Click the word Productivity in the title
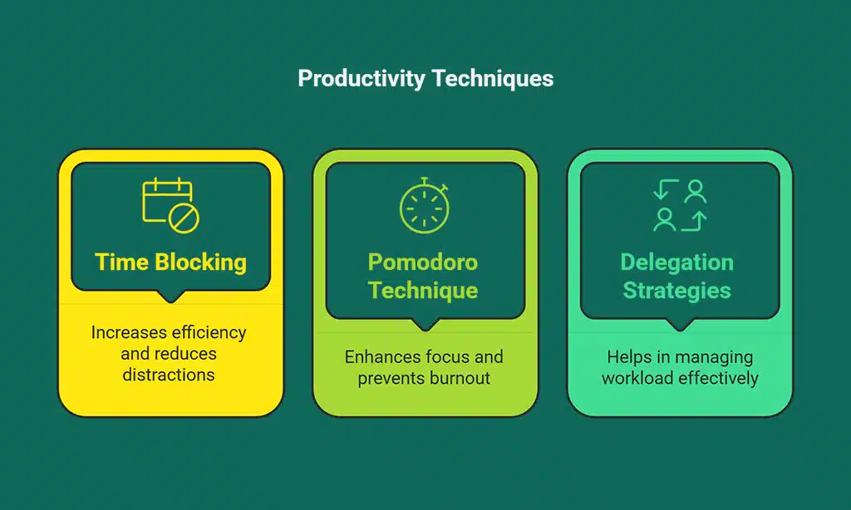[361, 79]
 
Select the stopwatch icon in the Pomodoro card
[425, 205]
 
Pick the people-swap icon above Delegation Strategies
[680, 205]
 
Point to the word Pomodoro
[423, 262]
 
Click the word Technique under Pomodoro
[423, 290]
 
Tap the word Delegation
[677, 262]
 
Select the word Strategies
[677, 290]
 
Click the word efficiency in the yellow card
[208, 332]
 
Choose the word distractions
[169, 375]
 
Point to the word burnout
[460, 378]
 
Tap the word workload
[637, 378]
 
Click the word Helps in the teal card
[628, 357]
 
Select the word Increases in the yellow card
[128, 332]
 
